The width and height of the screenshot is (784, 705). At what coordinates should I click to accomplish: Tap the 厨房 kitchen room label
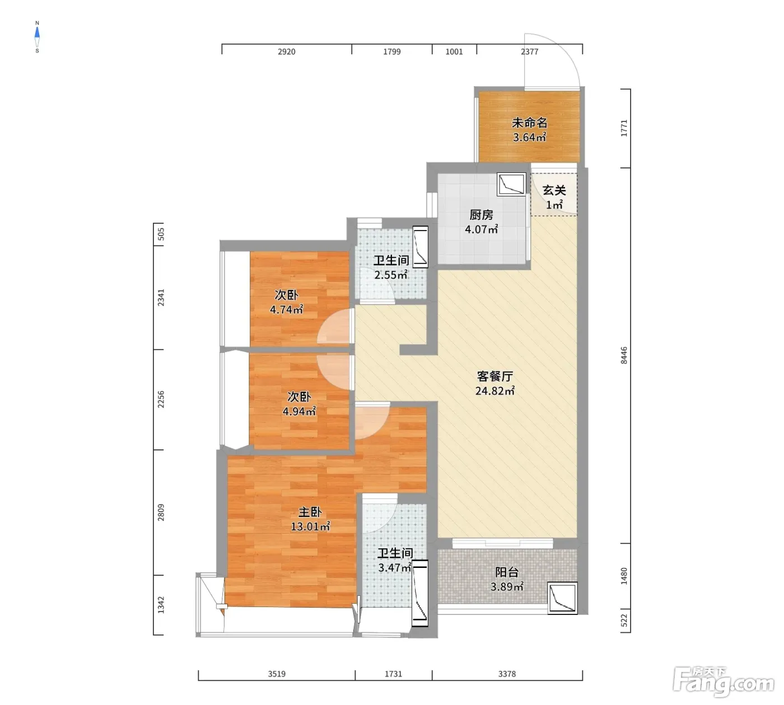coord(481,215)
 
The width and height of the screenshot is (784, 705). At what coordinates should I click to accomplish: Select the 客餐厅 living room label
coord(495,376)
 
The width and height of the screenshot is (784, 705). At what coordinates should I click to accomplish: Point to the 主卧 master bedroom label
coord(310,511)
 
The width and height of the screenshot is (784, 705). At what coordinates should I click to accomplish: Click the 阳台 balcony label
coord(507,572)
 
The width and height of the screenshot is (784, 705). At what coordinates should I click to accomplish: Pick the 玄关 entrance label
coord(554,190)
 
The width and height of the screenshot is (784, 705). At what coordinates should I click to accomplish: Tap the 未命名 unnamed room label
coord(530,123)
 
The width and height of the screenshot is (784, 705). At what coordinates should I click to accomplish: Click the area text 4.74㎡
coord(287,309)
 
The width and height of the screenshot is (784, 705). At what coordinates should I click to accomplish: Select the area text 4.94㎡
coord(300,411)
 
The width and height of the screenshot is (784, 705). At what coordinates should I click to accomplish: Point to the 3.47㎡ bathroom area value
coord(394,567)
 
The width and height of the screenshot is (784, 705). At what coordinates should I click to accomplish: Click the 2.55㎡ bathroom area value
coord(391,275)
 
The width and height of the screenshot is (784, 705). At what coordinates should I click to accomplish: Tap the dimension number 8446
coord(624,355)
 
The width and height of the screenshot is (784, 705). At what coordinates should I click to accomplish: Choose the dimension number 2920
coord(287,51)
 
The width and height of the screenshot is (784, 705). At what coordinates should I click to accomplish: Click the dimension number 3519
coord(277,674)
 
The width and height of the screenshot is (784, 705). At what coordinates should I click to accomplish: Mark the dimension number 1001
coord(454,51)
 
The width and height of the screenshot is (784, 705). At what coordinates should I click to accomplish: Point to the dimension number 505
coord(161,234)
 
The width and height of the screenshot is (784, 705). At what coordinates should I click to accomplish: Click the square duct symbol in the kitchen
coord(512,184)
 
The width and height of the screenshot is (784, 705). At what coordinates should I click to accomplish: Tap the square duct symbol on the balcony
coord(562,598)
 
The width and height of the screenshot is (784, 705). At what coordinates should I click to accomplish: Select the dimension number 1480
coord(624,576)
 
